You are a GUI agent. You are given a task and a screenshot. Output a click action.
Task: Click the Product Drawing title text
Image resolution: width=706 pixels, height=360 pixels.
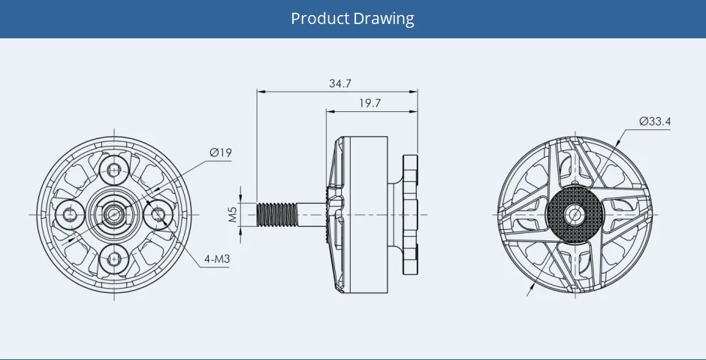352,19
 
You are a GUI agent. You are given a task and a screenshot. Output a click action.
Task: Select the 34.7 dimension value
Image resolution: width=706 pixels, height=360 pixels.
340,83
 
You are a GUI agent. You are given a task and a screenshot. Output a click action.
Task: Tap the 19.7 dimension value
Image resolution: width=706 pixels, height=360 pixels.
370,103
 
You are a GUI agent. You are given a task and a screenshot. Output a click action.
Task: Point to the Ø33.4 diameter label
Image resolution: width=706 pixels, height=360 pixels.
655,121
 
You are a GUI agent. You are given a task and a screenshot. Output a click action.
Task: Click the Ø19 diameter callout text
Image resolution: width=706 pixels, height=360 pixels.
221,153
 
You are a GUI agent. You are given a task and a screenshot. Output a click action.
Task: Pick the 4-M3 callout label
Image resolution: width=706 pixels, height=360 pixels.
216,259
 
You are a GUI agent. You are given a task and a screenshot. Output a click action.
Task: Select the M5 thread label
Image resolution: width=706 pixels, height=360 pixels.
232,215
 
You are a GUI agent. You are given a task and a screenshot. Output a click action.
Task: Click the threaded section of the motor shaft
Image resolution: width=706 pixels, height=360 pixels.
277,215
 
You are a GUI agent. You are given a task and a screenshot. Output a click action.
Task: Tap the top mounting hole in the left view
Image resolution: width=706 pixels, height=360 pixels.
114,170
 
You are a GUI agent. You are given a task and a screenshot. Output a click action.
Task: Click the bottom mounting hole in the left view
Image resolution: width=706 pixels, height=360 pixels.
114,259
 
